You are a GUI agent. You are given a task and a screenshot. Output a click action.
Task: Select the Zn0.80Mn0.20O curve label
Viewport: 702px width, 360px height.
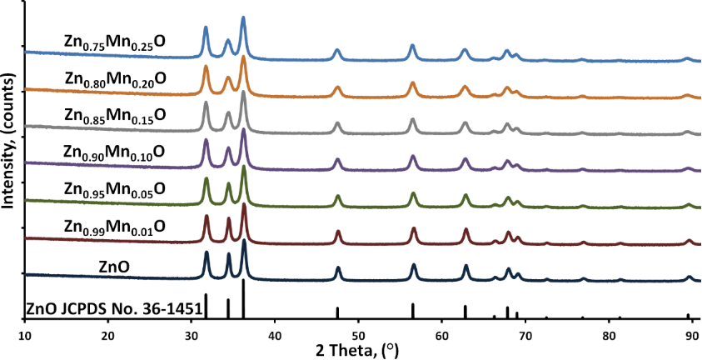click(x=115, y=79)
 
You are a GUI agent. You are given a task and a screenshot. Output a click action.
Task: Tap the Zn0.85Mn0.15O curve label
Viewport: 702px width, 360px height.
click(x=115, y=117)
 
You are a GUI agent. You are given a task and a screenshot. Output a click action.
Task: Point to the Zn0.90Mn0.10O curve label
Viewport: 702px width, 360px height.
click(x=115, y=153)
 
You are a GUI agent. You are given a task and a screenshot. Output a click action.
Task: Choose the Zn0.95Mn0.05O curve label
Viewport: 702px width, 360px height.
click(x=115, y=190)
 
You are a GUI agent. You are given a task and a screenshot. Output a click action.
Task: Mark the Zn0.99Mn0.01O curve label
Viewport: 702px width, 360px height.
click(x=115, y=226)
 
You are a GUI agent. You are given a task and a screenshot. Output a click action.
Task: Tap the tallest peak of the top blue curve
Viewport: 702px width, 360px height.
click(x=243, y=18)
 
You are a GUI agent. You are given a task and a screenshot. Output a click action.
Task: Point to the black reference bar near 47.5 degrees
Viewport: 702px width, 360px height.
click(x=337, y=312)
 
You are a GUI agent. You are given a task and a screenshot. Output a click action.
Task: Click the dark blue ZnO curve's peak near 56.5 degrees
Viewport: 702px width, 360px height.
click(x=414, y=266)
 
